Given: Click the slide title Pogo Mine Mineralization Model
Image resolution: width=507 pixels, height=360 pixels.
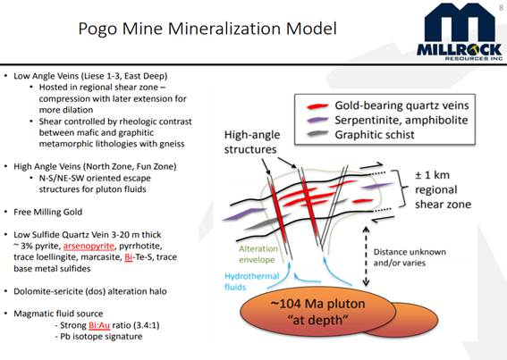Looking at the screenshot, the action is tap(207, 29).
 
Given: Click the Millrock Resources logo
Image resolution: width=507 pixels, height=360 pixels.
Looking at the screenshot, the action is tap(460, 31).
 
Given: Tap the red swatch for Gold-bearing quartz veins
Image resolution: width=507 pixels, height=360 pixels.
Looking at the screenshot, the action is tap(317, 106).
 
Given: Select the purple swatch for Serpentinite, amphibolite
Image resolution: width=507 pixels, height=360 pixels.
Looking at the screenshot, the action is tap(317, 120).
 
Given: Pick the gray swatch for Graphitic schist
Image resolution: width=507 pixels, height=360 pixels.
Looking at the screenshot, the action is tap(317, 133).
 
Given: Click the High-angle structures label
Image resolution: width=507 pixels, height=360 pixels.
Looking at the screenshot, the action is tap(252, 142).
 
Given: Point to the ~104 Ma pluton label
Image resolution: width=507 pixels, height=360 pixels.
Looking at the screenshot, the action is tap(317, 312).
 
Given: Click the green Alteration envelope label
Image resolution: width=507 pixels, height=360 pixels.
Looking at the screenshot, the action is tap(258, 255).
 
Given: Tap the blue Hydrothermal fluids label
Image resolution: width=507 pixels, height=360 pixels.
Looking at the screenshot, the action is tap(251, 281).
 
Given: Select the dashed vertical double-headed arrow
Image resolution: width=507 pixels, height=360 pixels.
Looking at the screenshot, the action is tap(366, 256).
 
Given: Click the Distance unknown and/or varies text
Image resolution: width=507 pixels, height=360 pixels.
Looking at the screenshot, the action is tap(410, 257).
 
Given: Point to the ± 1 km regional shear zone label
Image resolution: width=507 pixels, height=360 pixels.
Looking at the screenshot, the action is tap(443, 189).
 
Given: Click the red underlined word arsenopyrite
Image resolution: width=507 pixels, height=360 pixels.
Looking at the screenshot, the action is tap(89, 247).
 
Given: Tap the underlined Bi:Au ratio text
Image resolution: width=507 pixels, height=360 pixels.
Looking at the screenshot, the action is tap(99, 325).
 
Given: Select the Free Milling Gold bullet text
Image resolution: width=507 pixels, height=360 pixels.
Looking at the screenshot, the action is tap(48, 212).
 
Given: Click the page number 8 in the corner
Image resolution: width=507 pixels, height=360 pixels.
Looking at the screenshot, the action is tap(501, 7).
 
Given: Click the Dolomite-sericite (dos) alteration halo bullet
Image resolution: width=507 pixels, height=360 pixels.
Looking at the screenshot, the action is tap(90, 291).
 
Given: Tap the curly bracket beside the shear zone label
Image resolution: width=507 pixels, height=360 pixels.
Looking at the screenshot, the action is tap(401, 188).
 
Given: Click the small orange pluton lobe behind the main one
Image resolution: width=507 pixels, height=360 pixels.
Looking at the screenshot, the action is tap(416, 320).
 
